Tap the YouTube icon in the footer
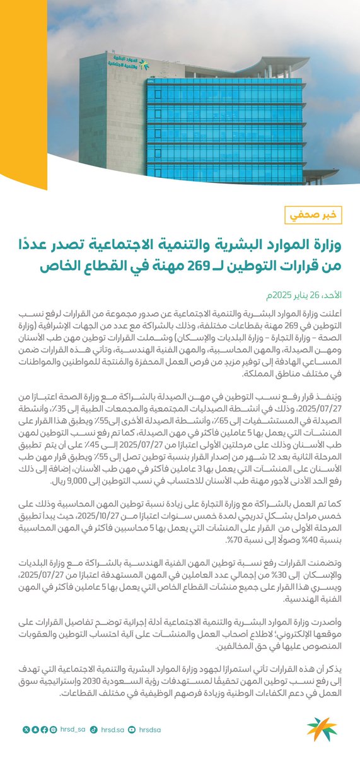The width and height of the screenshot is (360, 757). [x=132, y=730]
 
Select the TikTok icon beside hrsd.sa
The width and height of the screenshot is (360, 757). [x=93, y=730]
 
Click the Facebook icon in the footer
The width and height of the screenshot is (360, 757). [x=44, y=730]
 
